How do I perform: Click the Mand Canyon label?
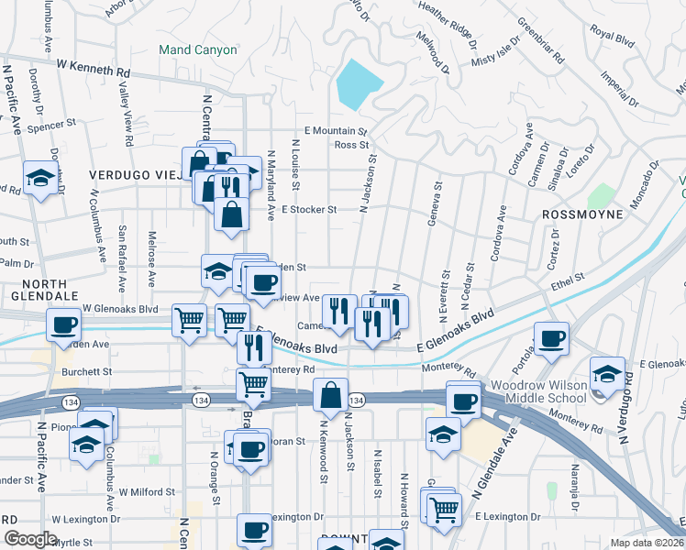[197, 49]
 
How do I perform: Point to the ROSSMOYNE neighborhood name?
[582, 214]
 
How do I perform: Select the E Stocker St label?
[310, 209]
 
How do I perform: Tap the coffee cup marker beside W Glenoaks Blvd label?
[65, 325]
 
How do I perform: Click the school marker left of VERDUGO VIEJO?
[39, 179]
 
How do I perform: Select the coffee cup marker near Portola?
[551, 338]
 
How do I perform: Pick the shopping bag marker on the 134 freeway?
[330, 395]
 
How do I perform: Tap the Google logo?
[30, 539]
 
